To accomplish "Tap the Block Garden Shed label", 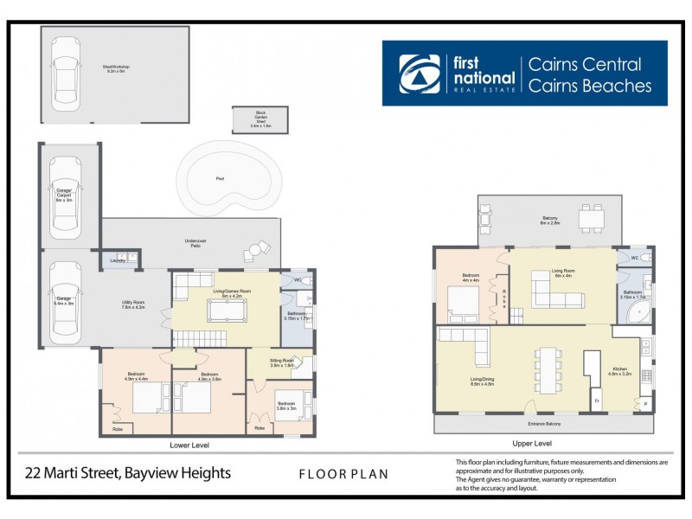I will (260, 119).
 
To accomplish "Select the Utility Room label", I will (132, 304).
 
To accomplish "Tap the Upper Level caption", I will (543, 442).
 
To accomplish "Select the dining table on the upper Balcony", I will (593, 219).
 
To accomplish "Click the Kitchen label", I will (622, 371).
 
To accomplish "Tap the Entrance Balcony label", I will (544, 424).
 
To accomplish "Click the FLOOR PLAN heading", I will (343, 474).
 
